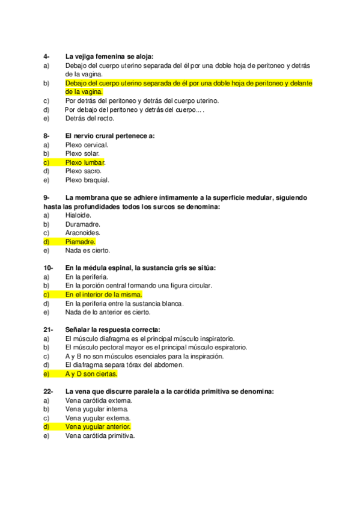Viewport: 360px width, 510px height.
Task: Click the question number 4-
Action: click(x=47, y=56)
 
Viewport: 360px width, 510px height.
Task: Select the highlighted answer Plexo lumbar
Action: click(x=85, y=162)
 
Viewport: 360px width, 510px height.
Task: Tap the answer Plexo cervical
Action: click(x=87, y=145)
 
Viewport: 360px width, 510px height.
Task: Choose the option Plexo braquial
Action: click(x=87, y=180)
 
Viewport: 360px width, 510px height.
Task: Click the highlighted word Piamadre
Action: click(x=80, y=242)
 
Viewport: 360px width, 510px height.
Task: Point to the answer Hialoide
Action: click(x=78, y=215)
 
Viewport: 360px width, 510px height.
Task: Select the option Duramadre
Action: click(x=82, y=224)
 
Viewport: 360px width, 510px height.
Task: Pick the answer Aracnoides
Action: click(x=83, y=233)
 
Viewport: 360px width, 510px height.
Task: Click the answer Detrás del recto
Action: click(x=90, y=118)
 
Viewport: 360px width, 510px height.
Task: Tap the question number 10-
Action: click(x=49, y=268)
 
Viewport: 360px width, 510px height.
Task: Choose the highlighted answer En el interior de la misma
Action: click(x=103, y=295)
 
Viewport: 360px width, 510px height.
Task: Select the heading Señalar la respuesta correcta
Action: click(x=113, y=330)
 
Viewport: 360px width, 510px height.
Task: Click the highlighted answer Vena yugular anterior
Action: click(x=97, y=426)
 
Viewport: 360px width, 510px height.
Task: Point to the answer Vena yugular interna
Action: click(x=97, y=409)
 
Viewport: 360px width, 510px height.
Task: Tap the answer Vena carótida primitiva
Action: click(x=100, y=435)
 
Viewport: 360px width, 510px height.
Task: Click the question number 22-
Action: click(x=49, y=392)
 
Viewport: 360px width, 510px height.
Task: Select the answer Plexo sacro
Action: click(x=83, y=171)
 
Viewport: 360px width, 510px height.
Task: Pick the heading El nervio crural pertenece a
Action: click(x=110, y=136)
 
